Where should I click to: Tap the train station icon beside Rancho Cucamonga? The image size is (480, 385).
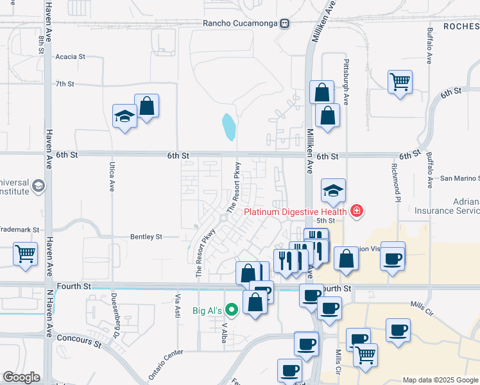click(x=284, y=23)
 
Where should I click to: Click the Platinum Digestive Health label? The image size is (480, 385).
click(x=295, y=211)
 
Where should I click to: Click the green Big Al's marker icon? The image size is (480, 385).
click(x=232, y=311)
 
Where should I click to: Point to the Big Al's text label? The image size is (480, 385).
click(x=207, y=311)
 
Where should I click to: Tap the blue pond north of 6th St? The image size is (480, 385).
click(x=228, y=127)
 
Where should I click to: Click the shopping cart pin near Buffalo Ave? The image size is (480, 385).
click(x=400, y=82)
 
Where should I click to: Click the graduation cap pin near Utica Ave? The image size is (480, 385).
click(x=124, y=116)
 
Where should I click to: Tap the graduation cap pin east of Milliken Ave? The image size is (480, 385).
click(x=334, y=191)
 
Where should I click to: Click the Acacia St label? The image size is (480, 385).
click(x=71, y=56)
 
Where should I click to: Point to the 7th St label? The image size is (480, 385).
click(x=65, y=84)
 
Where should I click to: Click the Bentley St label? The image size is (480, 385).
click(x=146, y=237)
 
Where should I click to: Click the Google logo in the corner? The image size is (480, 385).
click(x=21, y=377)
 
